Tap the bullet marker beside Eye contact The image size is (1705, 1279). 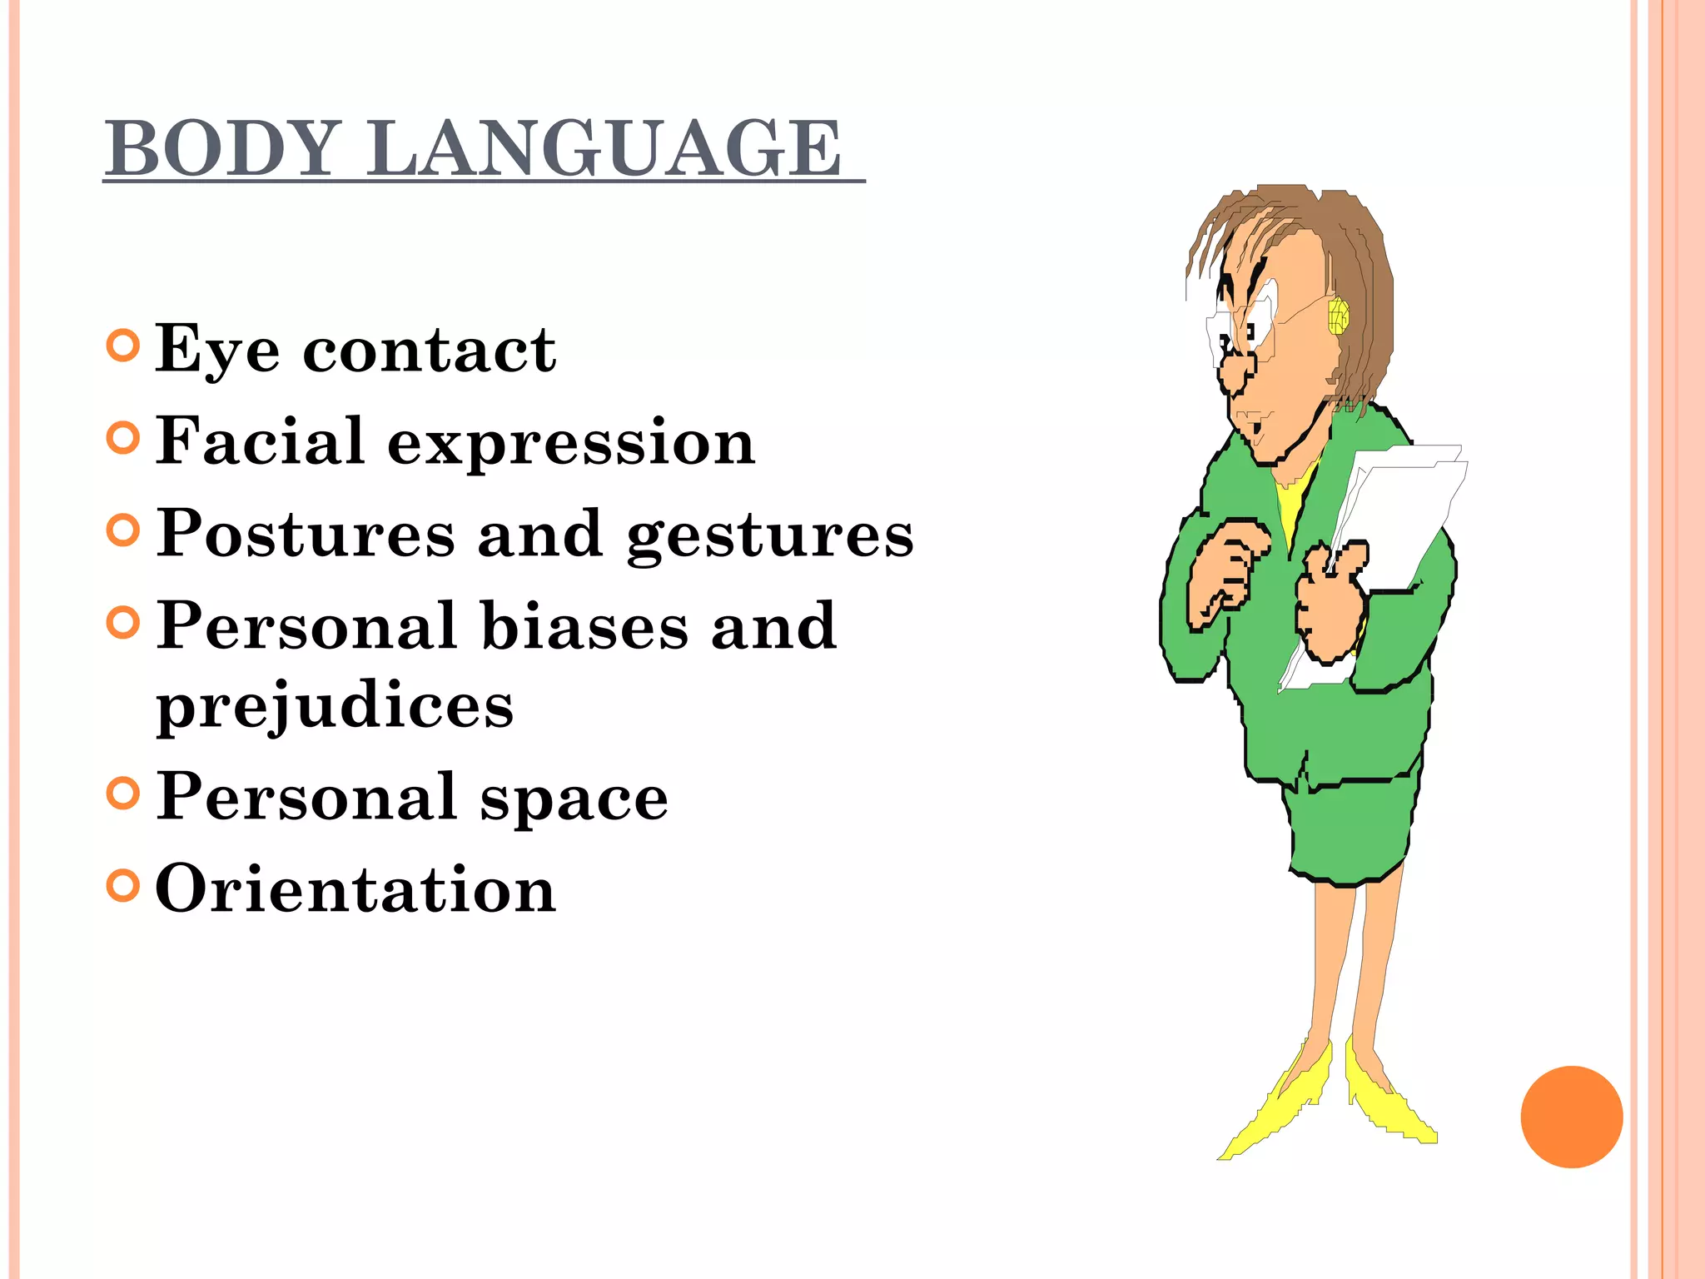point(123,346)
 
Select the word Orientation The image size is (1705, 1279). point(355,888)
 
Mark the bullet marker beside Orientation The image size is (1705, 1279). point(123,885)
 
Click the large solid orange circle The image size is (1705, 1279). point(1571,1117)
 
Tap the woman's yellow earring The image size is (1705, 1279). point(1338,316)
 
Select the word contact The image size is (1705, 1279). point(429,350)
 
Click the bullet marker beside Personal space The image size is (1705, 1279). point(123,794)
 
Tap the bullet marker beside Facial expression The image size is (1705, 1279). point(123,438)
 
